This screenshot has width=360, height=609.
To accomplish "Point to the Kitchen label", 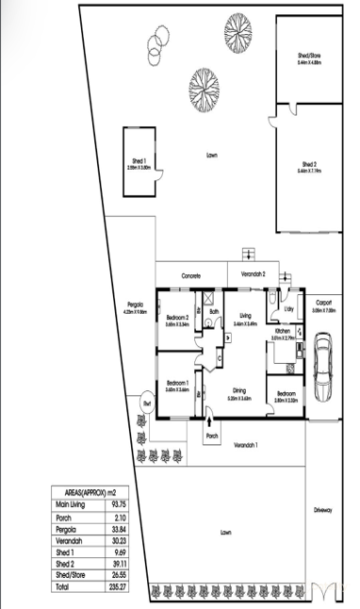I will pos(282,332).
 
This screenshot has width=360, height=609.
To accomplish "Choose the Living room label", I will pos(244,316).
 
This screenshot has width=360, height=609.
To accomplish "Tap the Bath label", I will pos(214,310).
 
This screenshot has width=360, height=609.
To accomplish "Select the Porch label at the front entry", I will pos(212,436).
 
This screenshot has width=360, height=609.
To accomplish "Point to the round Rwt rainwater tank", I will pos(147,403).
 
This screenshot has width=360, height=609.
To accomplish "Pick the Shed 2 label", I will pos(310,164).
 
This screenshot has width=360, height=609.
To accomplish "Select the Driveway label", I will pos(323,510).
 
